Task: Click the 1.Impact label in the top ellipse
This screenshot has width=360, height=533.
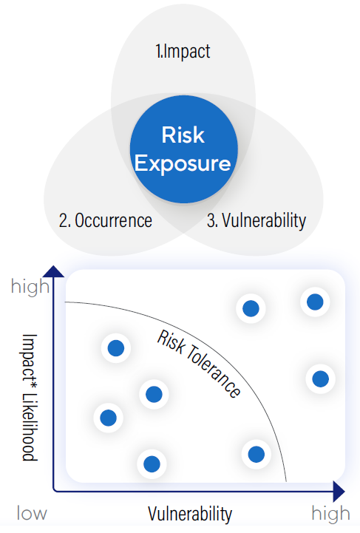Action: tap(183, 51)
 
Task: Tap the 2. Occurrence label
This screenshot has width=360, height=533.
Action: tap(106, 220)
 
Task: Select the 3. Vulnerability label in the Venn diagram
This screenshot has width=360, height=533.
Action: tap(257, 220)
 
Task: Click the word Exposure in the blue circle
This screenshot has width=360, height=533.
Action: tap(183, 164)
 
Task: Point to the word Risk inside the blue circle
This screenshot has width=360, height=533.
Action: tap(183, 135)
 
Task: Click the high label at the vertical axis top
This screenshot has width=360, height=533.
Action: tap(30, 287)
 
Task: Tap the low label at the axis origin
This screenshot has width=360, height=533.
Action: tap(32, 513)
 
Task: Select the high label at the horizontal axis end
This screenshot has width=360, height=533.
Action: tap(330, 514)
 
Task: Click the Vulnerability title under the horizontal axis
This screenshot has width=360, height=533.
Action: tap(190, 514)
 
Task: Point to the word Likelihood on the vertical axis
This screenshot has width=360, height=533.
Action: tap(30, 427)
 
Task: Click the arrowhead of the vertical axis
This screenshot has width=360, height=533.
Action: tap(53, 271)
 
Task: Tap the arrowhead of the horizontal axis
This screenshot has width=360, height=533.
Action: tap(339, 491)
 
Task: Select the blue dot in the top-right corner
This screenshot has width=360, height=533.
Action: tap(315, 302)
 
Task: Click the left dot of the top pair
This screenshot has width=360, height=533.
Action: tap(251, 308)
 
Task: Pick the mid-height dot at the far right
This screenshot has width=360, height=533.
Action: tap(321, 378)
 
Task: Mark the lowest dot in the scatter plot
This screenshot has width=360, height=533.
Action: tap(152, 464)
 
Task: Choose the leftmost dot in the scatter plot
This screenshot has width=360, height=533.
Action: tap(109, 418)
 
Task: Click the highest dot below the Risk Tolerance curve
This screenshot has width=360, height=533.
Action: tap(116, 348)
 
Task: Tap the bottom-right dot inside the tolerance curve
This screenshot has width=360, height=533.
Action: tap(257, 454)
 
